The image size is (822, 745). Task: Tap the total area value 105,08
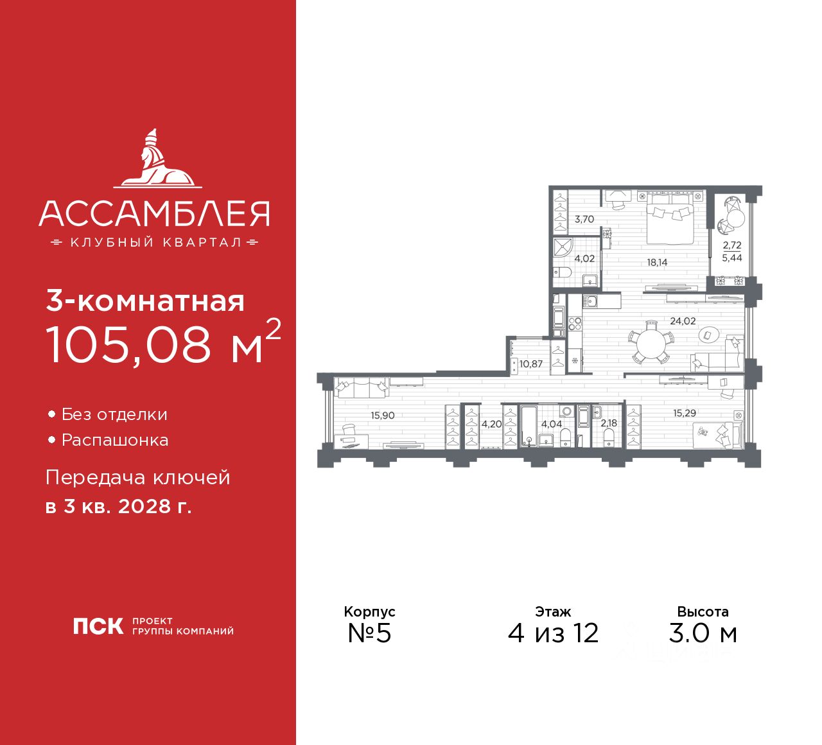(128, 344)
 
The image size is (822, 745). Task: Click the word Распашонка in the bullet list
(115, 441)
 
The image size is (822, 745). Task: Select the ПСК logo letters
(98, 626)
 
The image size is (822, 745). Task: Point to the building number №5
(369, 633)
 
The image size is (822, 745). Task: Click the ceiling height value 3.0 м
(703, 633)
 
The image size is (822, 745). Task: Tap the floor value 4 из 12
(553, 633)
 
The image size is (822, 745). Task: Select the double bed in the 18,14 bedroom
(669, 218)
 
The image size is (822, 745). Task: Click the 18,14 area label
(657, 263)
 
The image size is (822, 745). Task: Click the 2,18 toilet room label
(609, 423)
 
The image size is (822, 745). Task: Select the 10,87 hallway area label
(531, 364)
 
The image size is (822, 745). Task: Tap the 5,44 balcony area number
(732, 258)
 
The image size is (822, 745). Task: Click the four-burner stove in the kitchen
(574, 324)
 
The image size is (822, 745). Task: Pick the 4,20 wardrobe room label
(491, 424)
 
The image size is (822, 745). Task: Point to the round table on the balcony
(735, 218)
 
